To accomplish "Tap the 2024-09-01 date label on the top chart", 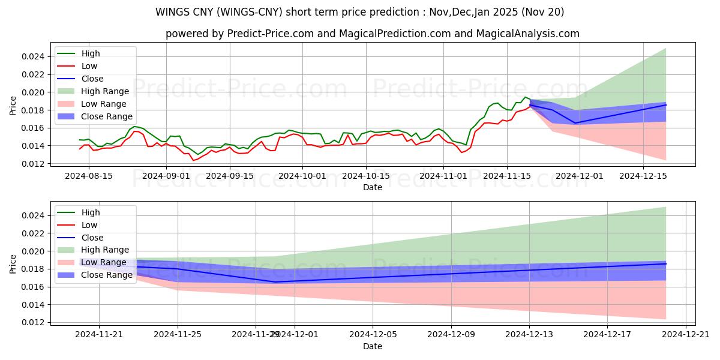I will click(167, 176).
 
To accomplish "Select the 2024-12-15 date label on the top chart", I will click(643, 176).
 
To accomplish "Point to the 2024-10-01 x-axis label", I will click(302, 176).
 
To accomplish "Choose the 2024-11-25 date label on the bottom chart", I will click(178, 335).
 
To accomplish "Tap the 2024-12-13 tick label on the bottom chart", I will click(529, 335).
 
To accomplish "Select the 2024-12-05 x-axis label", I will click(373, 335).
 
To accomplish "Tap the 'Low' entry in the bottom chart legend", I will click(89, 225).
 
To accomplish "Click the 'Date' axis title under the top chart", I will click(373, 187).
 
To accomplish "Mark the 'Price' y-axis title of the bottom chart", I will click(13, 263).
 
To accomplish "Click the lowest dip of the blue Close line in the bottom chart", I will click(275, 282).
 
